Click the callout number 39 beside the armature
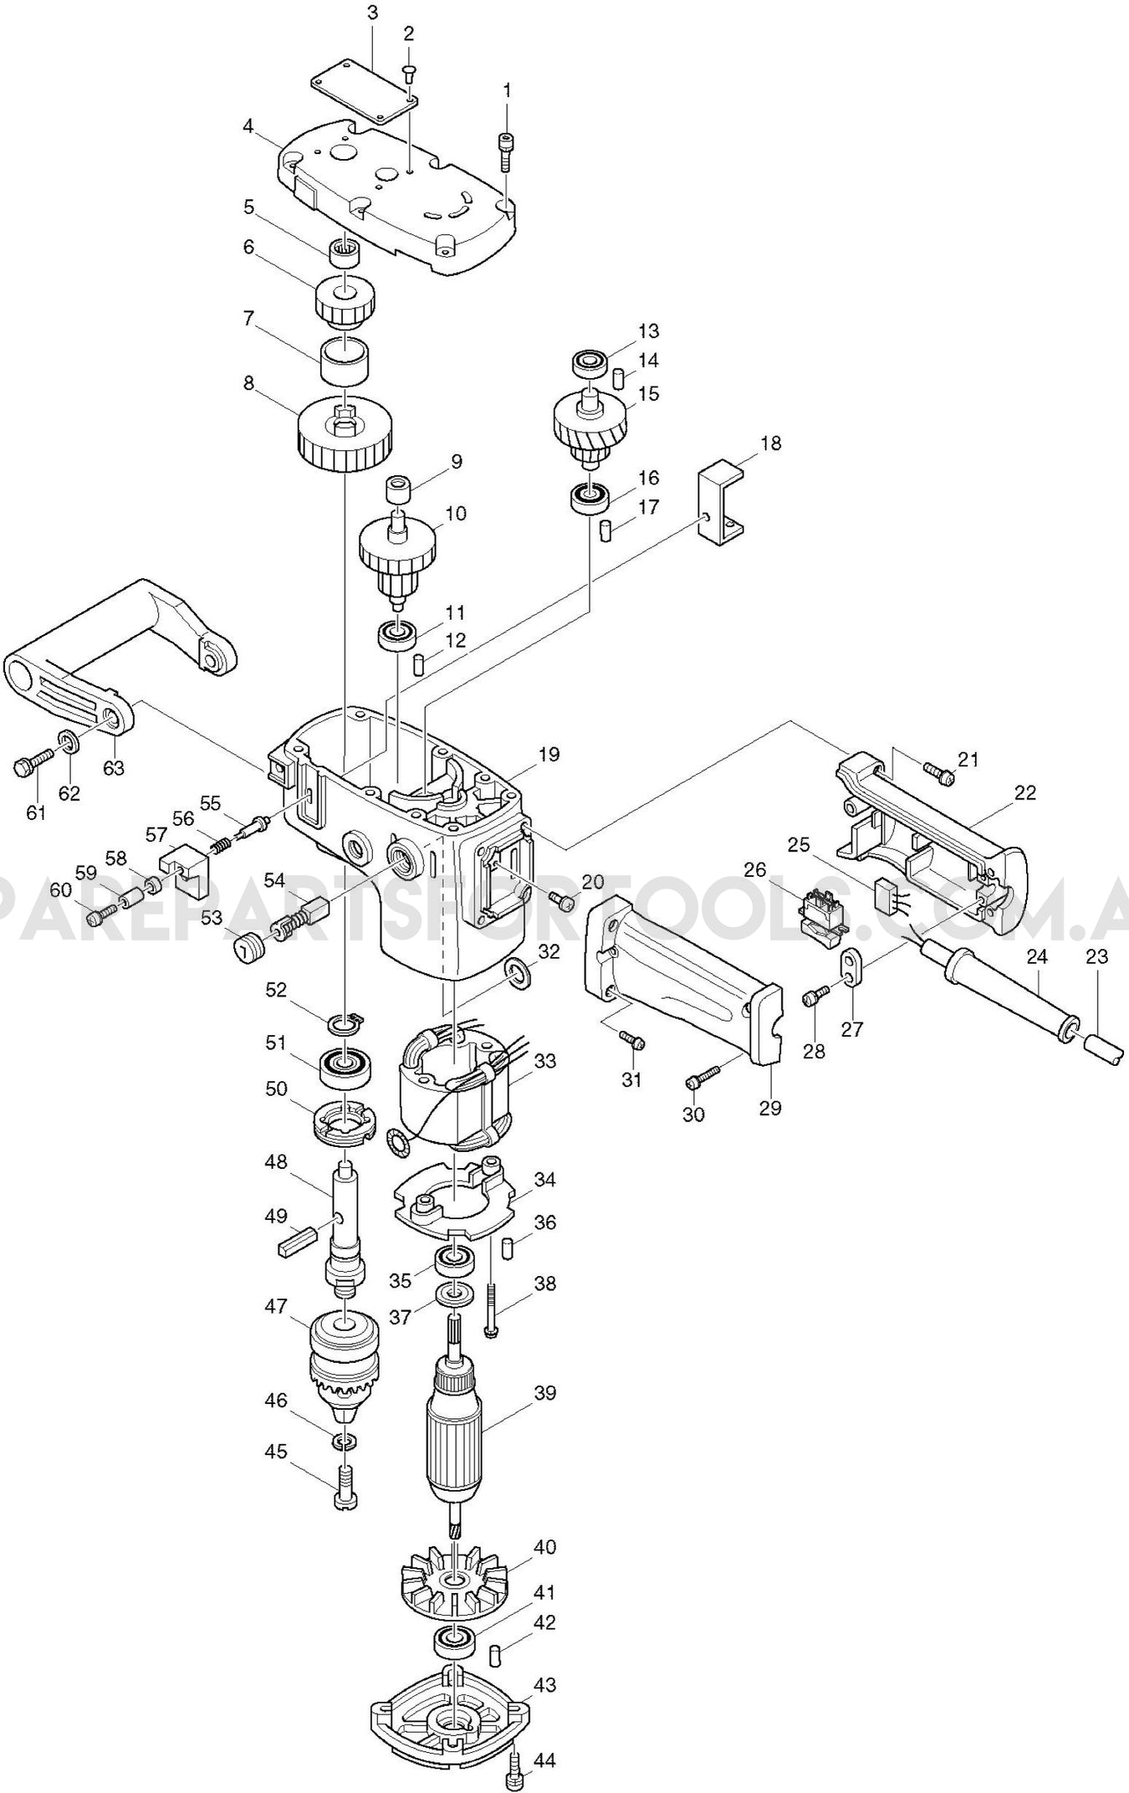[544, 1393]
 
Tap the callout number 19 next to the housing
[549, 755]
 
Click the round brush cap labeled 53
[246, 950]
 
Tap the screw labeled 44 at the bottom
[515, 1763]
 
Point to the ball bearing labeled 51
[344, 1067]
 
